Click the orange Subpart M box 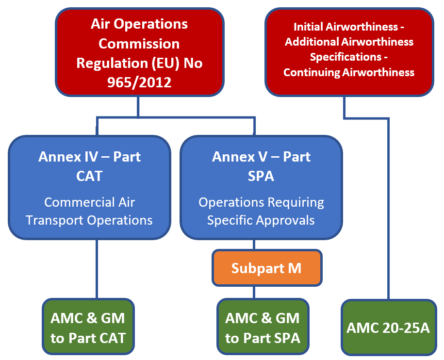(x=267, y=268)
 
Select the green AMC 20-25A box (x=389, y=327)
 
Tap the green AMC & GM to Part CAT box (x=88, y=327)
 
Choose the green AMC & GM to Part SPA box (x=263, y=327)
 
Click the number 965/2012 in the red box (x=139, y=82)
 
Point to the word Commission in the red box (x=139, y=44)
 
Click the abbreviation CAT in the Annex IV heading (x=89, y=176)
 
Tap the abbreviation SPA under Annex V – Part (x=261, y=176)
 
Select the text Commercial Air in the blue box (x=89, y=202)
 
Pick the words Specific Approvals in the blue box (x=261, y=220)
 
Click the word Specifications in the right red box (x=345, y=57)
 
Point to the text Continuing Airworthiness (x=349, y=72)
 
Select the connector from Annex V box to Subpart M (x=254, y=245)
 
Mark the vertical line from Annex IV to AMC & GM (x=97, y=269)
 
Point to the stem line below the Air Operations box (x=138, y=106)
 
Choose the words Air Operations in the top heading (x=139, y=24)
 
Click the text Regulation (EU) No (x=139, y=63)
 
